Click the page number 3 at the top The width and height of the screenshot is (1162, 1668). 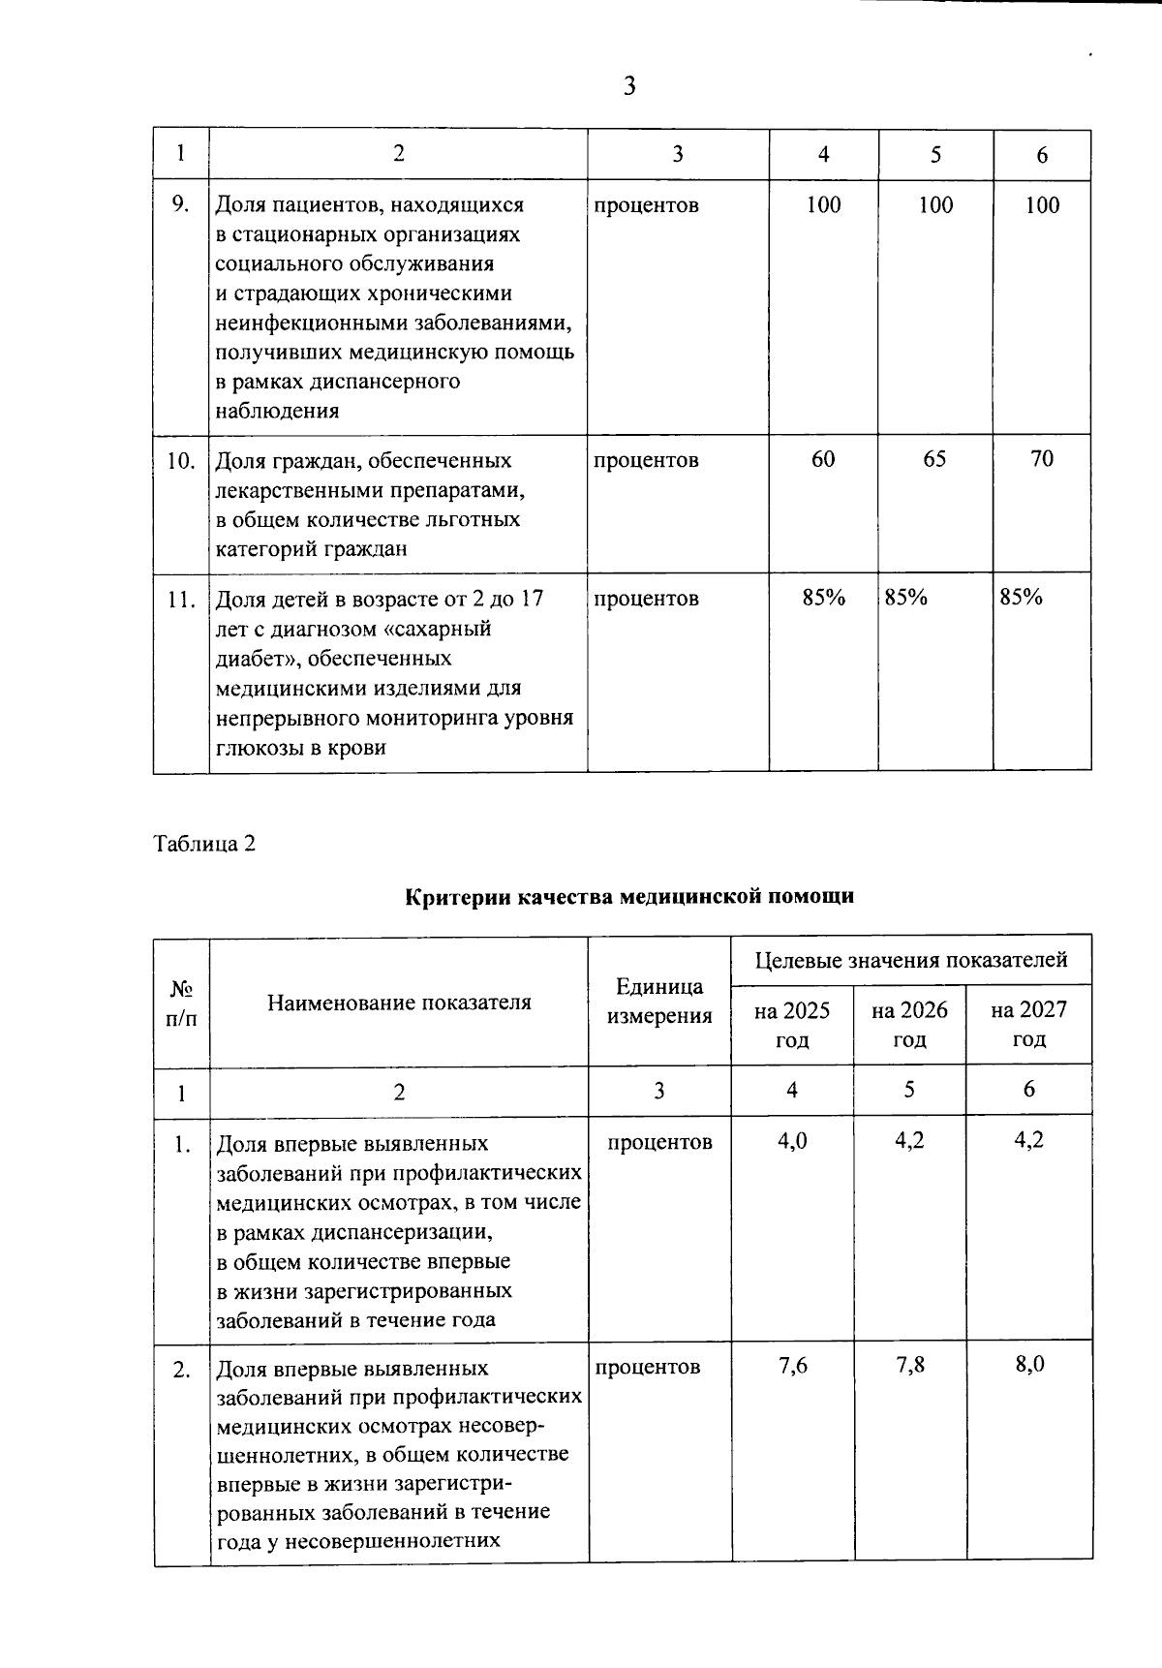(x=629, y=87)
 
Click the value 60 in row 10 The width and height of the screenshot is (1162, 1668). (x=823, y=459)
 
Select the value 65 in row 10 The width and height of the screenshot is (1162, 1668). (x=934, y=459)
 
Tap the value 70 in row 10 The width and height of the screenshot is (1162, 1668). (x=1042, y=459)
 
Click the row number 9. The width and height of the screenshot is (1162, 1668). (x=179, y=204)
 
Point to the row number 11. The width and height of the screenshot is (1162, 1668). (x=180, y=599)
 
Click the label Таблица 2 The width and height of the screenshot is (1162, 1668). (x=204, y=843)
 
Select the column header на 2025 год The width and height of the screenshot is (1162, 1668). (x=792, y=1025)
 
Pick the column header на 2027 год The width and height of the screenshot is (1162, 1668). (x=1028, y=1025)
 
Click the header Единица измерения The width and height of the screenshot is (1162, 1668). (x=659, y=1002)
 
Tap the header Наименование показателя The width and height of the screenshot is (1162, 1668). (x=399, y=1003)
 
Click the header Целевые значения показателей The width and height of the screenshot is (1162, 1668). (x=910, y=960)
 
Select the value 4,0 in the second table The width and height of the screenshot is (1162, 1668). (x=792, y=1140)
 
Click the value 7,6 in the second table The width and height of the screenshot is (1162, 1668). (x=792, y=1366)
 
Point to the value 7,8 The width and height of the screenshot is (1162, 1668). (x=910, y=1366)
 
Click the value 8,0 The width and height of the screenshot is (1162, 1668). (x=1029, y=1366)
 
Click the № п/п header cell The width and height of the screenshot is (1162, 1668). (x=181, y=1003)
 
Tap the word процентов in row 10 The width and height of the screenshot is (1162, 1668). (x=646, y=460)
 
